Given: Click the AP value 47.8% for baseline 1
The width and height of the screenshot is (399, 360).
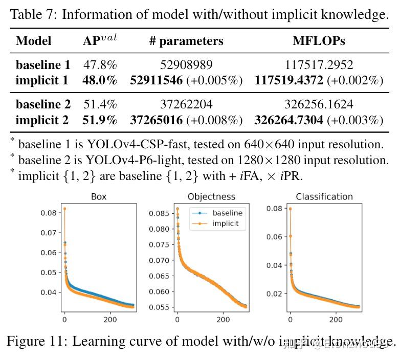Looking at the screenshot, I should pos(100,65).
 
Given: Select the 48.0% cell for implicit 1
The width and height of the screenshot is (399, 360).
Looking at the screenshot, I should pos(100,80).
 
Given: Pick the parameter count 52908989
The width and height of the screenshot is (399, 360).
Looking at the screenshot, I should pos(186,65).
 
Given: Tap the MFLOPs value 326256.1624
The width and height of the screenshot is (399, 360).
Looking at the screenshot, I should pos(319,105).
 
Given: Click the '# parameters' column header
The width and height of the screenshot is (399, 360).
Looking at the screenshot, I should pos(186,41).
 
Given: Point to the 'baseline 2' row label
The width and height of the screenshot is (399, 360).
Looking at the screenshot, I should pos(43,105).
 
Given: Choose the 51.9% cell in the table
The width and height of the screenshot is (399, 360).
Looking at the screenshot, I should pos(100,120).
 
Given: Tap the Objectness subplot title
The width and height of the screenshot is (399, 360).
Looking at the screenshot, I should pos(211,196).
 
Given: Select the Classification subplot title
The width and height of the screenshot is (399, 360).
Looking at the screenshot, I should pos(324,196).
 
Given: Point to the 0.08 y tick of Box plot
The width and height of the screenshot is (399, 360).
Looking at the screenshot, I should pos(50,213).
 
